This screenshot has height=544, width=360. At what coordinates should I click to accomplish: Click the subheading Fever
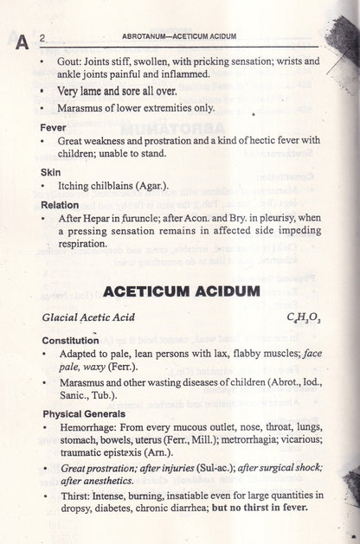click(x=53, y=126)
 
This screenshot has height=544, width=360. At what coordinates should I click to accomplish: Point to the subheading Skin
click(x=51, y=171)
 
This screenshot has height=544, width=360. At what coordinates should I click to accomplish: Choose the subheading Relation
click(x=60, y=205)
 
